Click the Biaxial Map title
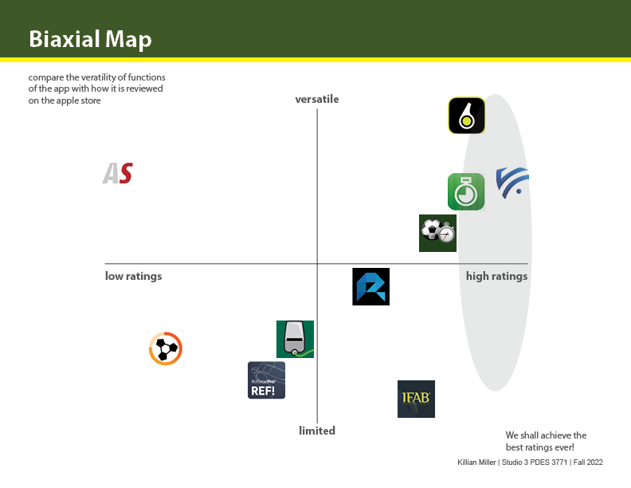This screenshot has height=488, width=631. tap(90, 39)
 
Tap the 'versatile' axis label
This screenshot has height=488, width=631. tap(317, 99)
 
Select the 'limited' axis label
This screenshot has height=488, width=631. tap(317, 431)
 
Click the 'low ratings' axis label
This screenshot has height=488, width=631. tap(133, 276)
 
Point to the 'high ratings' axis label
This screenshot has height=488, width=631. tap(496, 276)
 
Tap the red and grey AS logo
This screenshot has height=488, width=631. tap(117, 173)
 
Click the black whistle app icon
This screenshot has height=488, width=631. tap(466, 116)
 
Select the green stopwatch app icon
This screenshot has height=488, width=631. tap(466, 191)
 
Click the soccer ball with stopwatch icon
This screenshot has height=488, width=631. tap(437, 233)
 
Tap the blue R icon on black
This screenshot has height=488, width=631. tap(370, 287)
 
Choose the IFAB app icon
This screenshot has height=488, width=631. tap(416, 399)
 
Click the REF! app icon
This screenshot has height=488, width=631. tap(266, 380)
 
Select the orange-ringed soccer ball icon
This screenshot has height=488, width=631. tap(166, 348)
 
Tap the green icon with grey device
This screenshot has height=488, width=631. tap(295, 339)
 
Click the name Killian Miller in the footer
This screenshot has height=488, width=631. tap(476, 462)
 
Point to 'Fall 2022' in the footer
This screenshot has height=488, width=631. tap(588, 462)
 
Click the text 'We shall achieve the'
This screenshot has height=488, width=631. tap(546, 435)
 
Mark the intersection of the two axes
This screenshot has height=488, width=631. tap(317, 264)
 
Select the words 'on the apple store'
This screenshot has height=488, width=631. tap(65, 100)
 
